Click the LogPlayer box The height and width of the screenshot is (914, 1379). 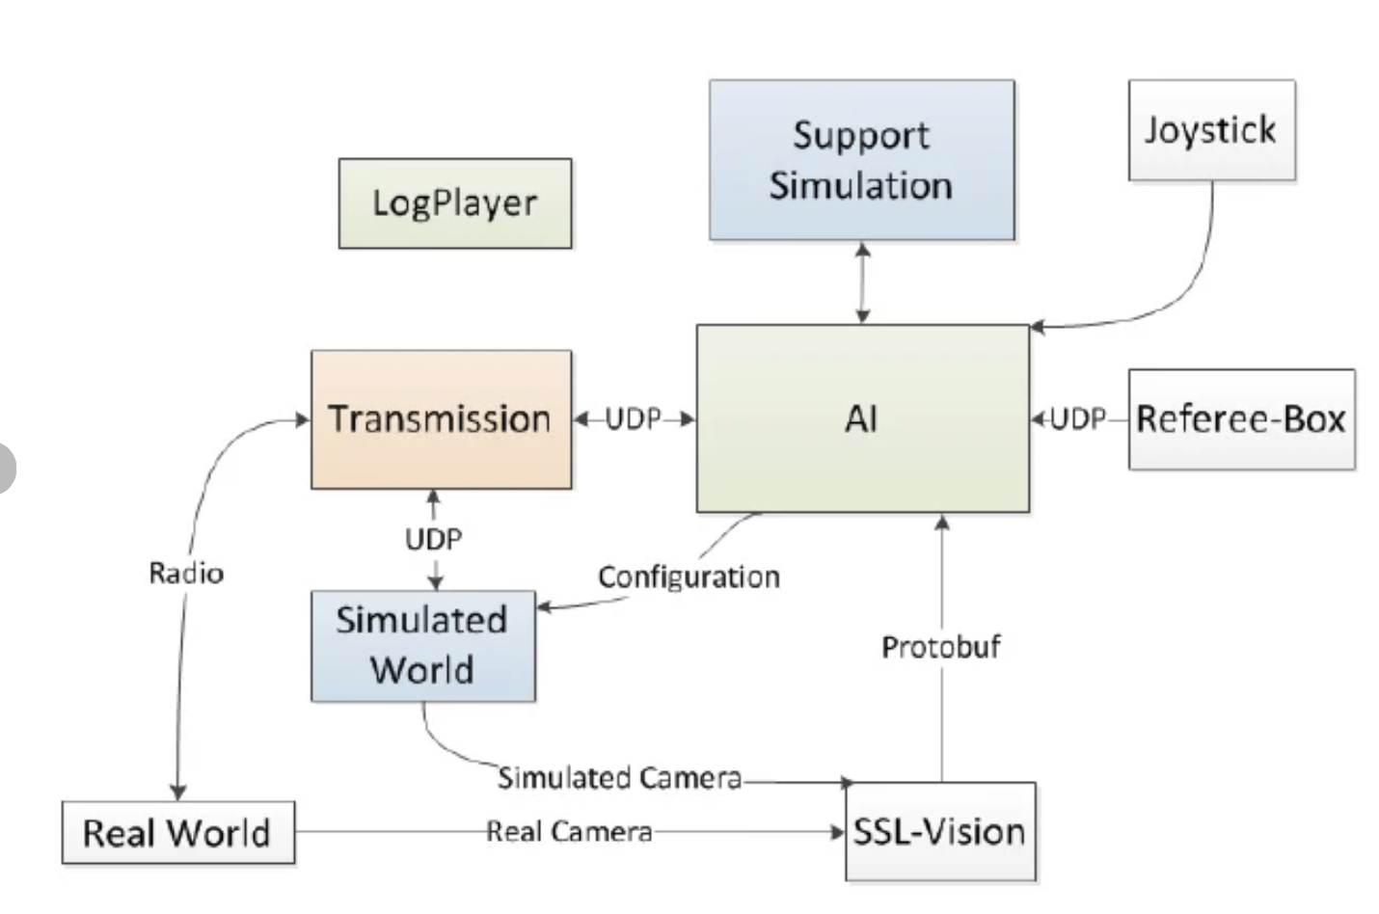coord(454,203)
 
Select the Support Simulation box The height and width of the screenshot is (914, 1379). coord(861,160)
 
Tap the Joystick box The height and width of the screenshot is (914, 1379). coord(1211,130)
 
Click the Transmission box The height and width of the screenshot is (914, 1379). coord(441,419)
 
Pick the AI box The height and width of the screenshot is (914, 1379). coord(862,418)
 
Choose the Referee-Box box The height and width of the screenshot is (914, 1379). coord(1241,419)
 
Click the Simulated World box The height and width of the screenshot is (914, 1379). coord(422,645)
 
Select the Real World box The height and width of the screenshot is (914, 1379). coord(177,832)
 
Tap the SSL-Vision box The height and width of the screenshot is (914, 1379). coord(940,831)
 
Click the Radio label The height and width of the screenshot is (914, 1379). coord(186,574)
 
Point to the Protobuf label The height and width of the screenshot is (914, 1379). coord(941,646)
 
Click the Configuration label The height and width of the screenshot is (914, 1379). coord(689,577)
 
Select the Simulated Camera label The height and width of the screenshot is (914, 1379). coord(619,777)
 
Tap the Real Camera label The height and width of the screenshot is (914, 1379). coord(569,831)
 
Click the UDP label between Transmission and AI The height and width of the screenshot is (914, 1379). coord(634,418)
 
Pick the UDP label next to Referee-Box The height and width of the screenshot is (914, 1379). coord(1077,418)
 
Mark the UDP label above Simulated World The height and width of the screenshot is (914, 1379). coord(433,539)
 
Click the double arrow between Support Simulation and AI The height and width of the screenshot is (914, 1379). coord(863,282)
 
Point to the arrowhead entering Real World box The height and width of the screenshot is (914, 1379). coord(178,790)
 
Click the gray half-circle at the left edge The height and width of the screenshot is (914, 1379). coord(6,468)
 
